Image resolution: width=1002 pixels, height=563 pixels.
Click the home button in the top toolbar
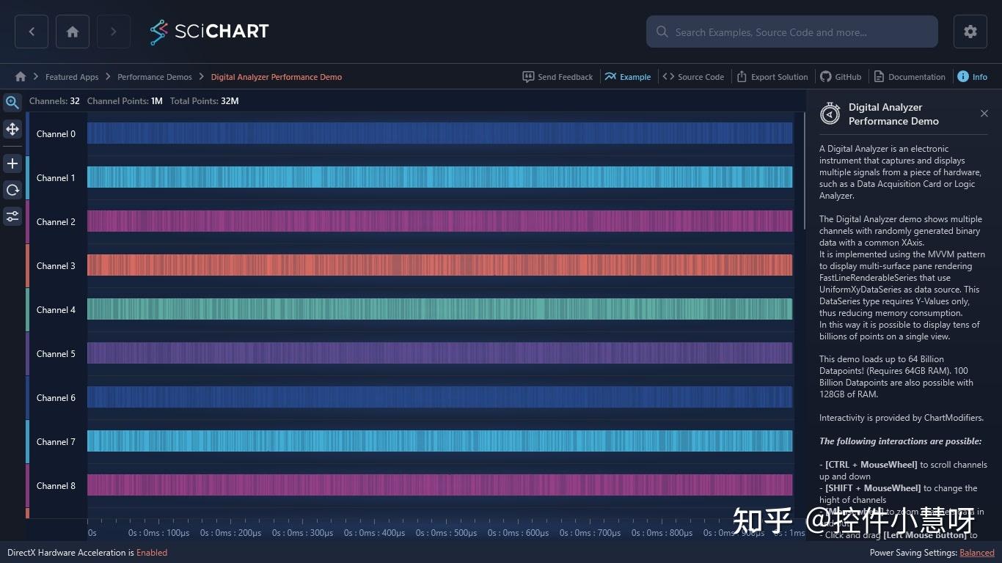point(73,32)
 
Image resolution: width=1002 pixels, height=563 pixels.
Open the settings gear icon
point(970,32)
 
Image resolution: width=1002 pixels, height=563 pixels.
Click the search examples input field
point(792,32)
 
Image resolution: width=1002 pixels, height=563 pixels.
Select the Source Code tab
point(693,77)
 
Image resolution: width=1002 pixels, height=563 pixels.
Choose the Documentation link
point(910,77)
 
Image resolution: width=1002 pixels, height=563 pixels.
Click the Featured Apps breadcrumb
point(72,77)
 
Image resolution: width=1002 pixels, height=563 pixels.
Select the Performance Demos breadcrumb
point(154,77)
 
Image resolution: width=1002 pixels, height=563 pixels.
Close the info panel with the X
point(984,114)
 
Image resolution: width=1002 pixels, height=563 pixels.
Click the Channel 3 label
point(56,266)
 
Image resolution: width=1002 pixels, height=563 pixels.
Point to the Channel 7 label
point(56,442)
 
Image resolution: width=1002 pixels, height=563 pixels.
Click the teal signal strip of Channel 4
point(440,309)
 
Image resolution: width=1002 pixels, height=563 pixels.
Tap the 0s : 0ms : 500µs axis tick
point(447,533)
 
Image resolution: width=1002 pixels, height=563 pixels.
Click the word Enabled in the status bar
point(152,553)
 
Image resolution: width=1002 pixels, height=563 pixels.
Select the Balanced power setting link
point(976,553)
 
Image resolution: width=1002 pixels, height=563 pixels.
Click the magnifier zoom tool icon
point(12,103)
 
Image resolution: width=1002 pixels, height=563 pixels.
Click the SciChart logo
point(209,32)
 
